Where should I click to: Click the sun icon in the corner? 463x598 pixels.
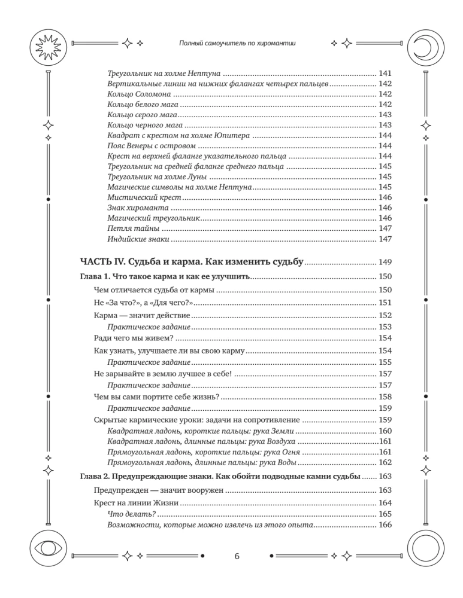tap(46, 44)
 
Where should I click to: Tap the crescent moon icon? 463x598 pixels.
tap(424, 44)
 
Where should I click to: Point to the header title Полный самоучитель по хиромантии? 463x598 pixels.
tap(238, 44)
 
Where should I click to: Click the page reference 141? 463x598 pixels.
tap(384, 73)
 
